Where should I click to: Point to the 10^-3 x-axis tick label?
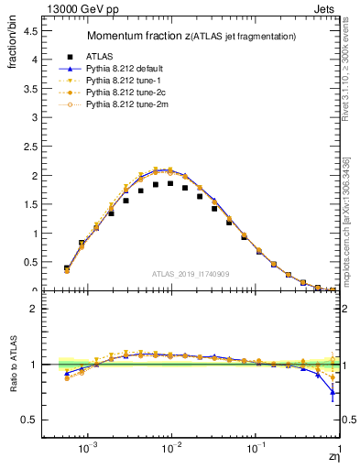[88, 448]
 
